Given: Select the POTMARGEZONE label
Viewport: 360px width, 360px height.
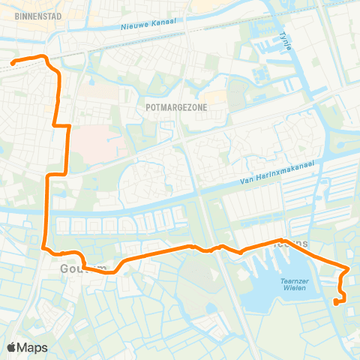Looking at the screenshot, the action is click(176, 107).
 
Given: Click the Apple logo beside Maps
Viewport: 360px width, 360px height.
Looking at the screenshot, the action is click(13, 347).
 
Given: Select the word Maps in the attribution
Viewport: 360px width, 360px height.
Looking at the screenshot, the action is click(33, 347).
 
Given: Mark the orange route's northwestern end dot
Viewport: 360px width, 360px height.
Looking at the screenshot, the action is click(13, 64).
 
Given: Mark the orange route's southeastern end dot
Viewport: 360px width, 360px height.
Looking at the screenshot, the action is click(336, 302).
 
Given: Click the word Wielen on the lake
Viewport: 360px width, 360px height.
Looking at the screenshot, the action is click(295, 289).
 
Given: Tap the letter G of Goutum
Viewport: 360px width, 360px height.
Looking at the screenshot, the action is click(65, 268).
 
